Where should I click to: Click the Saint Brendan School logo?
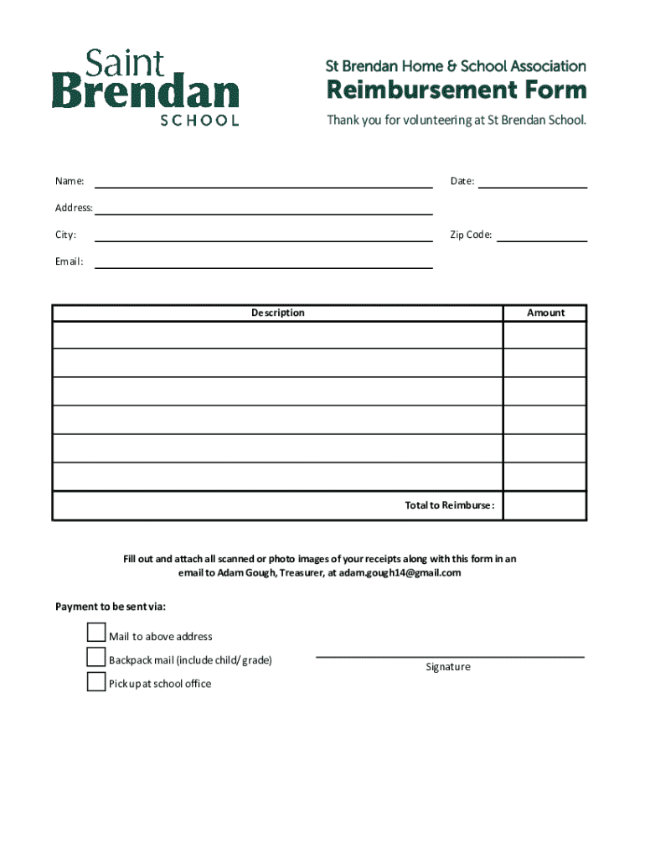coord(146,88)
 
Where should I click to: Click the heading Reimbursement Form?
coord(456,90)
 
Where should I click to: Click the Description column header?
coord(278,313)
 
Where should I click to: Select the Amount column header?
coord(545,313)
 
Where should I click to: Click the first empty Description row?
coord(278,335)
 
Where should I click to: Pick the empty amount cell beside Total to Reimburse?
coord(544,505)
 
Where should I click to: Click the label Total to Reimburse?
coord(450,505)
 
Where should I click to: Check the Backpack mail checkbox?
coord(96,657)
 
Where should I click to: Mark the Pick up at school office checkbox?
coord(96,681)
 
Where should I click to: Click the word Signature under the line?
coord(448,667)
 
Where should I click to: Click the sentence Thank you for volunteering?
coord(457,120)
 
